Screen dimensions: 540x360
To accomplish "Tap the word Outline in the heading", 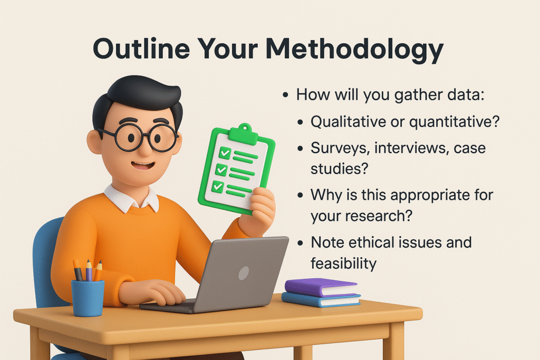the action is [141, 48].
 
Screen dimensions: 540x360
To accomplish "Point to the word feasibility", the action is [343, 264].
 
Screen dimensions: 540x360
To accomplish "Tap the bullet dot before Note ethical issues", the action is [301, 242].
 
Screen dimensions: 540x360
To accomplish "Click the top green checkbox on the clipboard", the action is [225, 152].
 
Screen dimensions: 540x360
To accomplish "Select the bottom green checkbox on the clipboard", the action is [218, 187].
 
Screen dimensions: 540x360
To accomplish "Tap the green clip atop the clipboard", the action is [244, 133].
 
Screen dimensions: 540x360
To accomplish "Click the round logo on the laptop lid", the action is [244, 273].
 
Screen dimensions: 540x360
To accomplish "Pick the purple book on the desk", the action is [321, 287].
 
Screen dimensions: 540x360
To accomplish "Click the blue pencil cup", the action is [88, 298].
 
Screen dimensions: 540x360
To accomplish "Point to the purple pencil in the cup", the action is [89, 271].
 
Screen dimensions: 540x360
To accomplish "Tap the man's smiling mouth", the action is [143, 166].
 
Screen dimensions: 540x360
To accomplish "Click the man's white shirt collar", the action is [131, 198].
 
